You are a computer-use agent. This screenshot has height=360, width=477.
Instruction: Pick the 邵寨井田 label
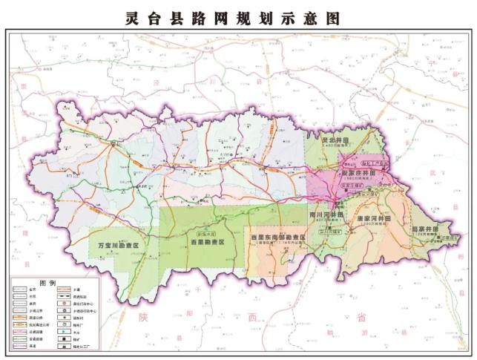click(x=424, y=229)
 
